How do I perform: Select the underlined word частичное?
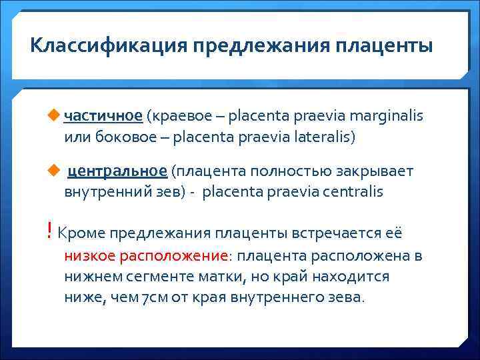point(103,117)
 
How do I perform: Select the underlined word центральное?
point(117,172)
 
